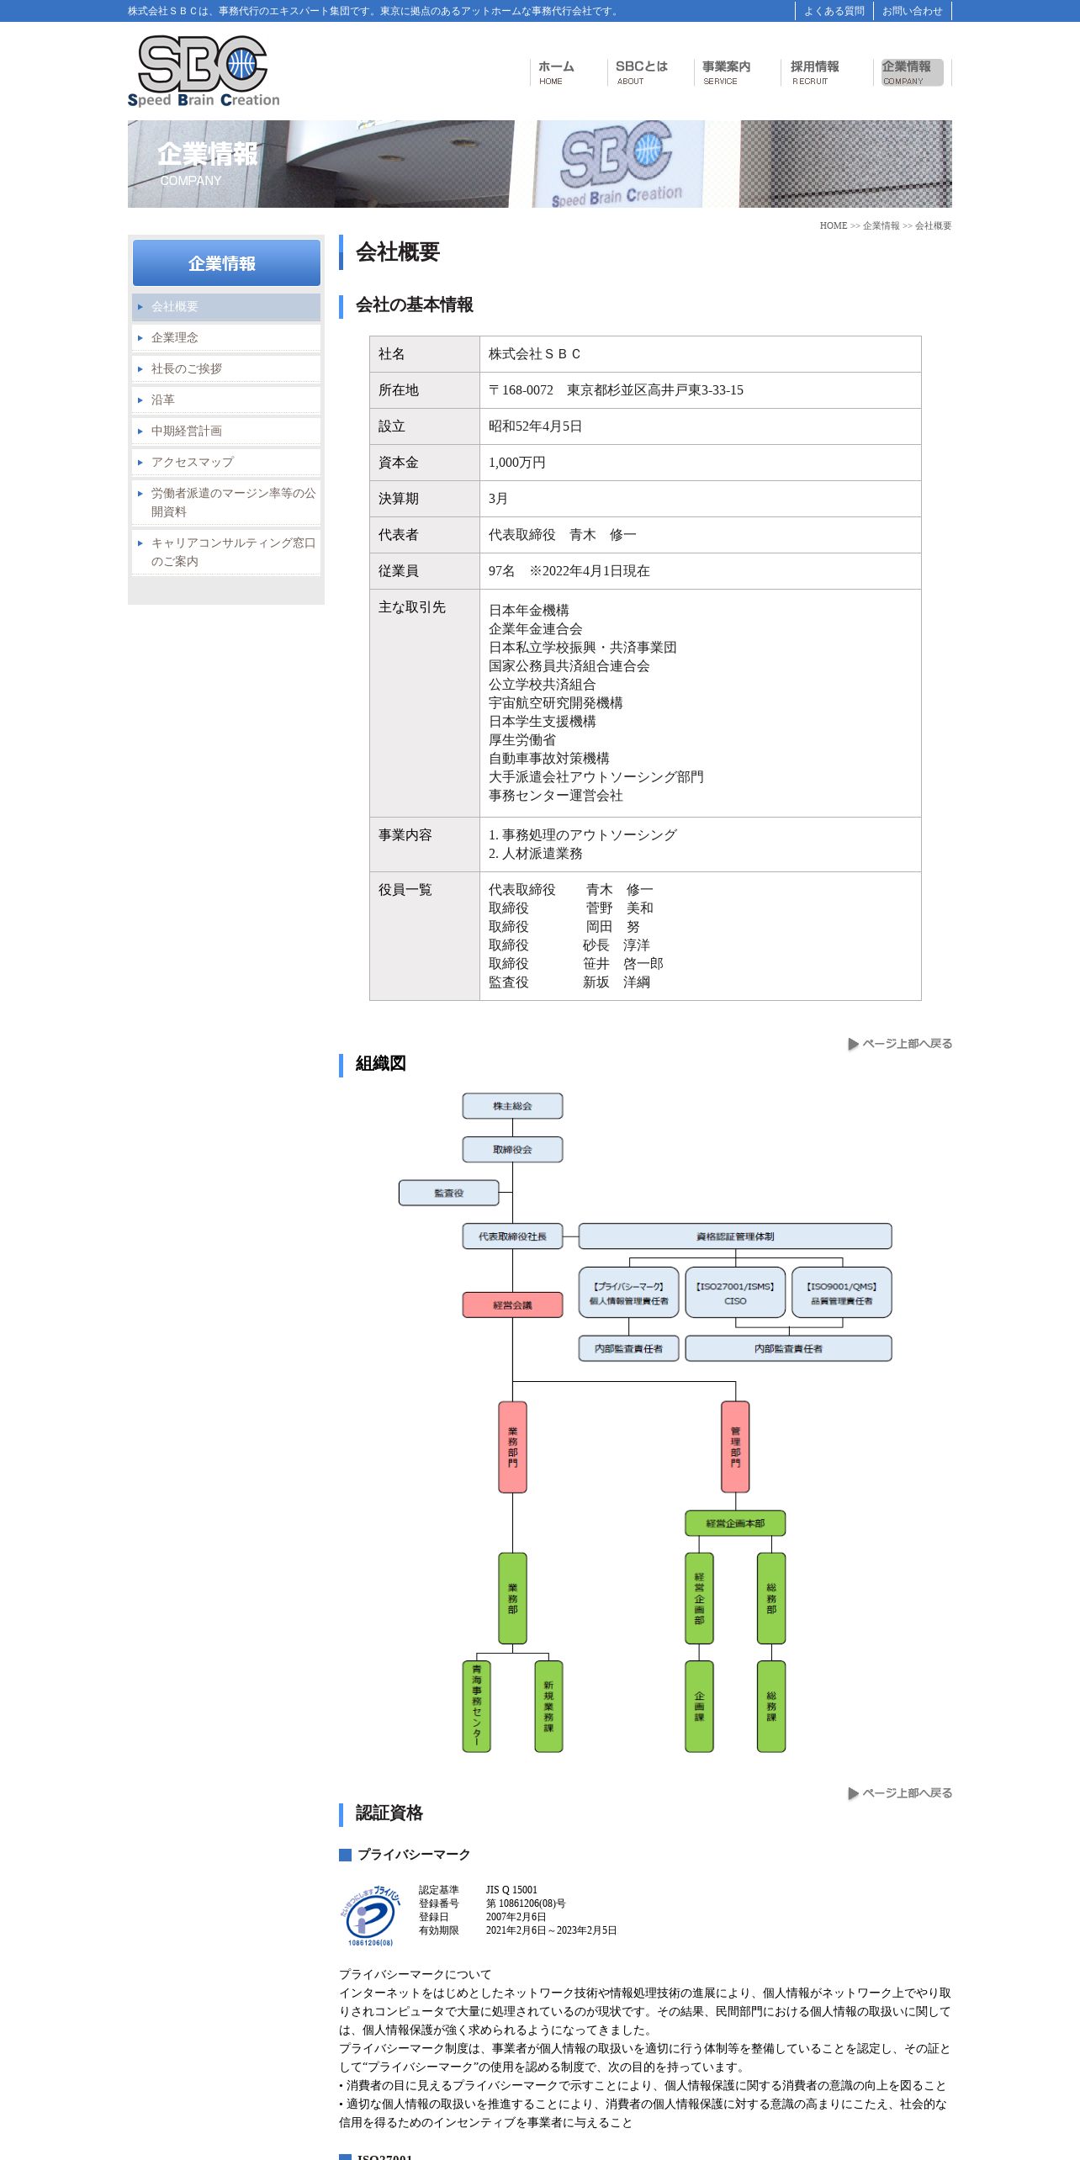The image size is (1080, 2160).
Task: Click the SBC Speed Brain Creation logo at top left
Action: tap(203, 71)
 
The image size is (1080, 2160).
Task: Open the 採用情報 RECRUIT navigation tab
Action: tap(813, 72)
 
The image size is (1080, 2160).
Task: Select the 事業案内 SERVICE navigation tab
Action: tap(726, 72)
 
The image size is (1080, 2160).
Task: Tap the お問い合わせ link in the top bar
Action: tap(912, 11)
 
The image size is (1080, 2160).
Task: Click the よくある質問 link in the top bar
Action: tap(834, 11)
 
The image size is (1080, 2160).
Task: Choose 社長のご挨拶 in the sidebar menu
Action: tap(187, 368)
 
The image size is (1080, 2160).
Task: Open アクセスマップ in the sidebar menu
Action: tap(193, 462)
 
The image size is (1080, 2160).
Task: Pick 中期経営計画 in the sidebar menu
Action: tap(187, 431)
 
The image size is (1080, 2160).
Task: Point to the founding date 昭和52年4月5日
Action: tap(535, 426)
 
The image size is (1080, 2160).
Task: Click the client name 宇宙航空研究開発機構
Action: tap(556, 703)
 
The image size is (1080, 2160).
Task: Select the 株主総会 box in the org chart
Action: tap(512, 1106)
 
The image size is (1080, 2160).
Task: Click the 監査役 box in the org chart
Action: tap(448, 1193)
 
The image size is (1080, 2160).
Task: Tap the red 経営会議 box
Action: tap(512, 1305)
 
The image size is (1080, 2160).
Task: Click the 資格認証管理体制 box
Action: tap(734, 1236)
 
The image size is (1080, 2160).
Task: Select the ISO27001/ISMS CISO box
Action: tap(735, 1293)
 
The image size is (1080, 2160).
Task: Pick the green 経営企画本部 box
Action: tap(735, 1523)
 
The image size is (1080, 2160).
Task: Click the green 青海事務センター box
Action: tap(477, 1707)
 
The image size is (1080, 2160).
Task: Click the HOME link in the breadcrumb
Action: tap(833, 225)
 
